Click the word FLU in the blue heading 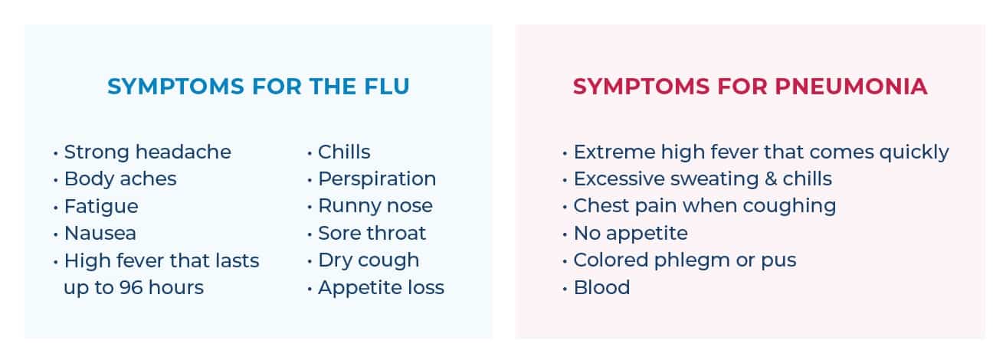coord(387,87)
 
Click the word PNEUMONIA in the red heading coord(851,87)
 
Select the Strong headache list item coord(147,152)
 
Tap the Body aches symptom coord(120,179)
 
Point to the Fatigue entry coord(101,207)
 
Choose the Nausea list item coord(100,234)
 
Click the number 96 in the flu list coord(131,288)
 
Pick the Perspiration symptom coord(377,179)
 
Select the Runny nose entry coord(375,207)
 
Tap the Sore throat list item coord(372,234)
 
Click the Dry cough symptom coord(369,260)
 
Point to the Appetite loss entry coord(381,288)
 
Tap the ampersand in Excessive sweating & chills coord(771,179)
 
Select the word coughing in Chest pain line coord(789,207)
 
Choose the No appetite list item coord(631,234)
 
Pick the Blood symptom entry coord(601,288)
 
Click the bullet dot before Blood coord(565,289)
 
